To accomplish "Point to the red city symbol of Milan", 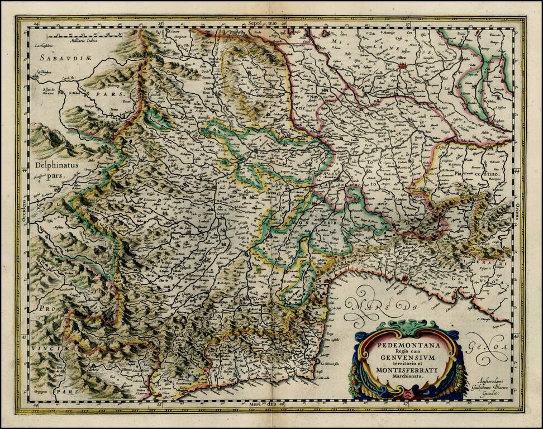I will pyautogui.click(x=403, y=65).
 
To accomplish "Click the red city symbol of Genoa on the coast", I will pyautogui.click(x=403, y=278).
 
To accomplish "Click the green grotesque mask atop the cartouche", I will pyautogui.click(x=406, y=327).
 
